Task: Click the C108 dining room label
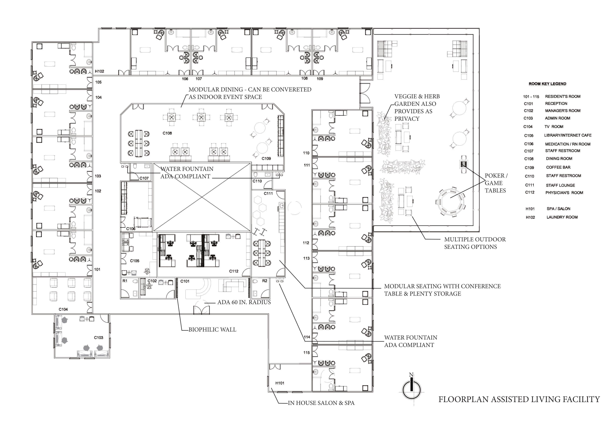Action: pos(167,133)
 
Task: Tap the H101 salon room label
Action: pos(280,383)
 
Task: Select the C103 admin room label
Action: pos(99,337)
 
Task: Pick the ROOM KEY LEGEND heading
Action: pos(547,84)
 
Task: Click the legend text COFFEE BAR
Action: pos(558,167)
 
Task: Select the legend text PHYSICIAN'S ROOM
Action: pos(564,193)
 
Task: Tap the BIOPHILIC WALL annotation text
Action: pos(212,329)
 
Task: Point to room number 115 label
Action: pos(306,353)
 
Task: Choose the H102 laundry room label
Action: pos(100,71)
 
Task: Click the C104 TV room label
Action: pos(63,309)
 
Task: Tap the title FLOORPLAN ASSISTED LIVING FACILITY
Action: pos(519,399)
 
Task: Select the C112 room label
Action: pos(234,271)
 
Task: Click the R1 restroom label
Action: pos(125,281)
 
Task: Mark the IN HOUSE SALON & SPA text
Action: pos(321,403)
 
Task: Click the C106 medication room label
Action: pos(131,229)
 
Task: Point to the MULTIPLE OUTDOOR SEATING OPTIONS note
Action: pos(475,243)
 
